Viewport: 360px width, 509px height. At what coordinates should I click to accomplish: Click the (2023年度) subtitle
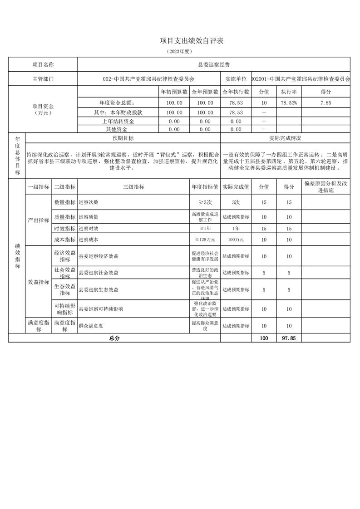(x=180, y=52)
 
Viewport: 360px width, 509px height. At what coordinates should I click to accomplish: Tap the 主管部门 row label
(x=43, y=78)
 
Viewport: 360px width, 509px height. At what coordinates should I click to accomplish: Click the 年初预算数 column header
(x=174, y=92)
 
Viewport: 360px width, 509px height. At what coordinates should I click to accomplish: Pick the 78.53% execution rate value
(x=289, y=103)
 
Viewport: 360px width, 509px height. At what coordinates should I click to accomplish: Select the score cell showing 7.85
(x=325, y=103)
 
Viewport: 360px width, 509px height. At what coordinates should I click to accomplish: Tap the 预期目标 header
(x=123, y=138)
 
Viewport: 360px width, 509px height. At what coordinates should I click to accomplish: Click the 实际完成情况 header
(x=285, y=138)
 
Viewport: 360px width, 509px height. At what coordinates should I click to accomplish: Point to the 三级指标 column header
(x=133, y=186)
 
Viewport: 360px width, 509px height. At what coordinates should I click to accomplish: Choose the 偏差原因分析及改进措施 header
(x=326, y=186)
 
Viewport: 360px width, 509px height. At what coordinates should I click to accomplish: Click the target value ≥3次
(x=205, y=202)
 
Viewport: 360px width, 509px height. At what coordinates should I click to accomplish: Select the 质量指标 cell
(x=64, y=217)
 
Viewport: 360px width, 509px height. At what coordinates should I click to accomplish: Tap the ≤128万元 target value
(x=205, y=239)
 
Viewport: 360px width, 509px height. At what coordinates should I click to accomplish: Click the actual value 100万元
(x=236, y=239)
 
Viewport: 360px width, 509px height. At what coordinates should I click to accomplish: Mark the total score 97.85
(x=289, y=338)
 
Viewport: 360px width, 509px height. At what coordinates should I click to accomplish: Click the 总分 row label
(x=114, y=338)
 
